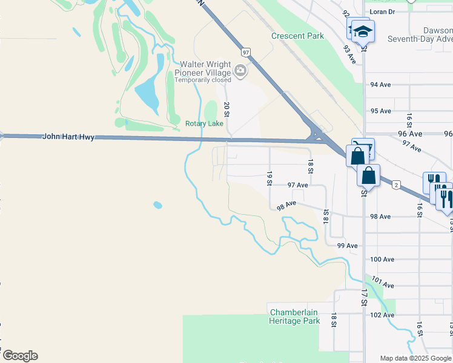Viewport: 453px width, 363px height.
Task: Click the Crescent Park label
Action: click(297, 36)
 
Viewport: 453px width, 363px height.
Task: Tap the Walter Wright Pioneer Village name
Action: click(203, 68)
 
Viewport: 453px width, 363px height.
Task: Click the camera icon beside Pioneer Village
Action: click(241, 71)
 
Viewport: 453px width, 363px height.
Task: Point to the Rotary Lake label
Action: click(204, 124)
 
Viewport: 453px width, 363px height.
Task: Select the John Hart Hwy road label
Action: click(68, 137)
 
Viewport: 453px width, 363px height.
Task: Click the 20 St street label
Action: click(226, 109)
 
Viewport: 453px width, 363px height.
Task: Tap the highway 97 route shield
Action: click(246, 53)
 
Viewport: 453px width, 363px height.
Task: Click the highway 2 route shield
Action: click(396, 184)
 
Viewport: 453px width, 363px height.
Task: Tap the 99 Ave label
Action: click(348, 246)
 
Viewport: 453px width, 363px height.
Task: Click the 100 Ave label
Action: click(382, 260)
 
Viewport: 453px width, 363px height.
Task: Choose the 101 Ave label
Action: click(383, 282)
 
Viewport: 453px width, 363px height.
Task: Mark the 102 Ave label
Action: click(382, 315)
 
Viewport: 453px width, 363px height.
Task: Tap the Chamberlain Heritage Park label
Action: click(294, 316)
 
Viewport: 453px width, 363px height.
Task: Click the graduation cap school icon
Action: click(363, 31)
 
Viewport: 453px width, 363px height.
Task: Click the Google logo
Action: click(19, 356)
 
